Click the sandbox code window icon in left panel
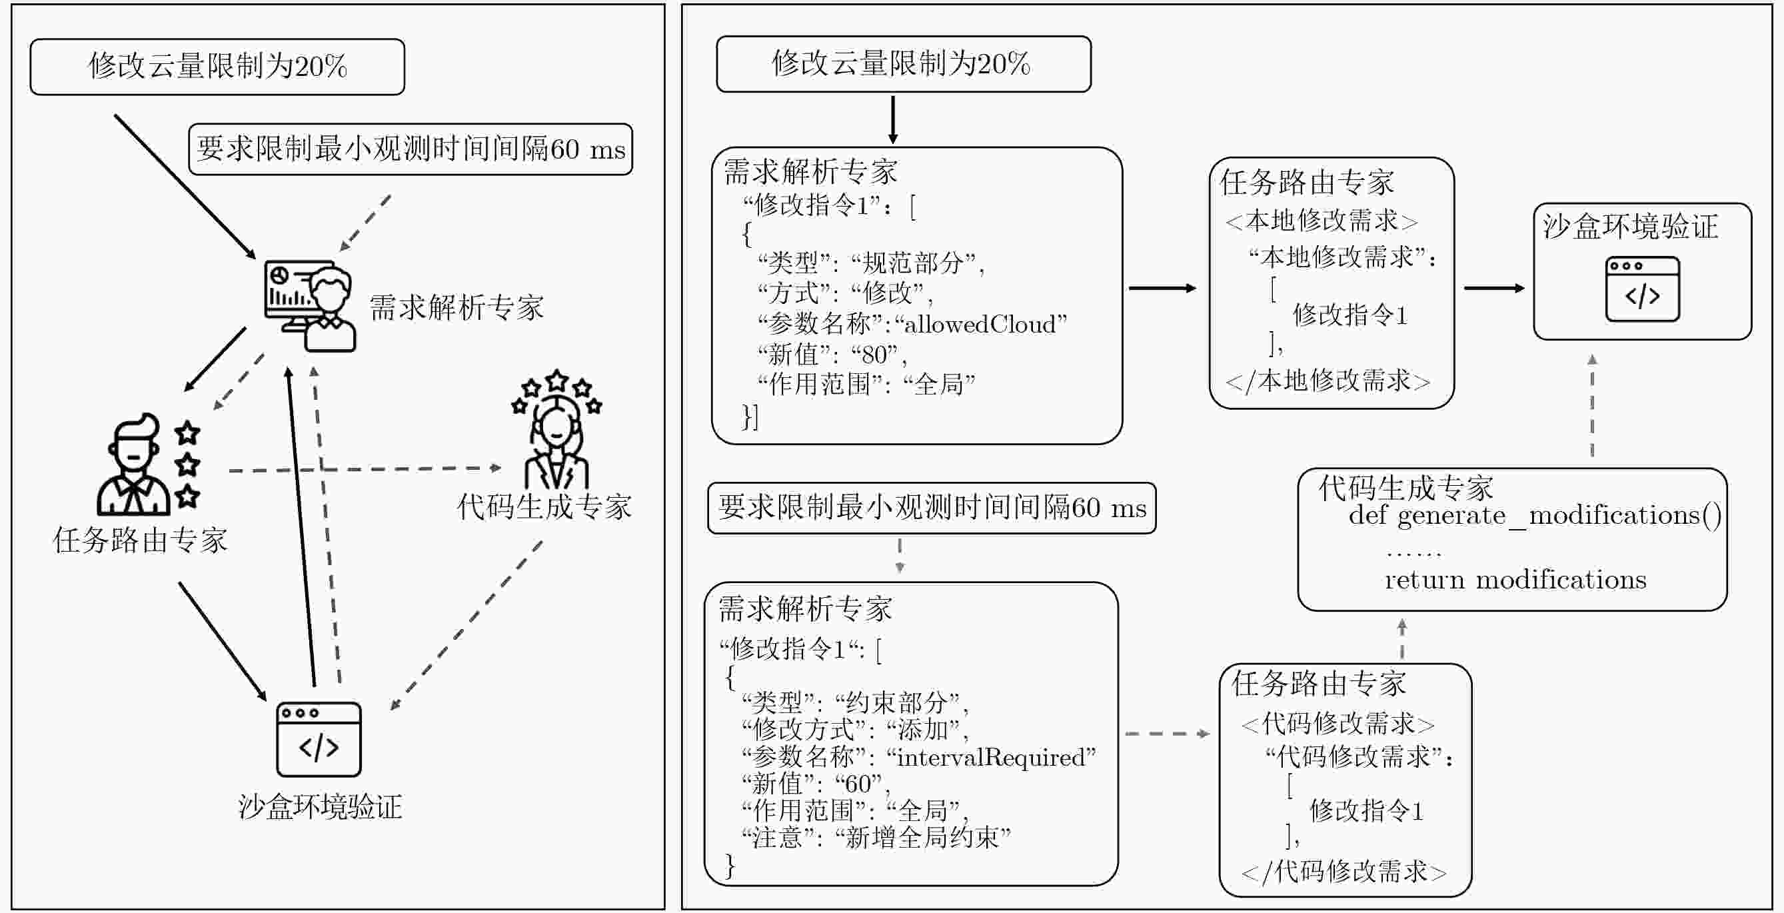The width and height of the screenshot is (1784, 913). [x=319, y=739]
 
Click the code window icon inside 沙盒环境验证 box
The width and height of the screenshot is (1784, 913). [x=1642, y=289]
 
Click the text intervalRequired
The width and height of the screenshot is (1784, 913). [x=990, y=758]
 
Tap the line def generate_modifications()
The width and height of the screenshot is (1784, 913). [x=1534, y=516]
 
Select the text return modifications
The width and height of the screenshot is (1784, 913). [x=1515, y=580]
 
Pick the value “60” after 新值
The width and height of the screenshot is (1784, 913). [x=858, y=784]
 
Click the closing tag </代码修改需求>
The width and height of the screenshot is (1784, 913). [x=1343, y=872]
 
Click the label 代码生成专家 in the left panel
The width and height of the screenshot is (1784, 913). [x=544, y=507]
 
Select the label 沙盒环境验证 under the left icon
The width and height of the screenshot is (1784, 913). [x=320, y=807]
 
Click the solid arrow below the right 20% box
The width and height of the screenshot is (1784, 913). [x=893, y=119]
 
